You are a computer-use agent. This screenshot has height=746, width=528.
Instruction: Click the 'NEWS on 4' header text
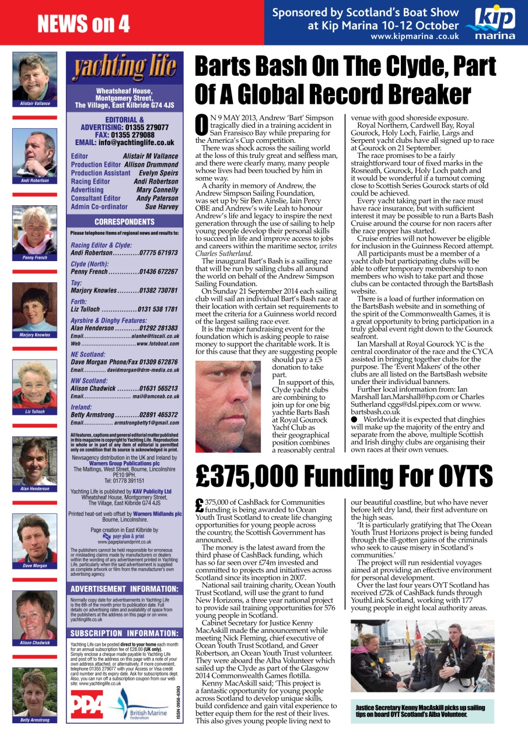coord(83,23)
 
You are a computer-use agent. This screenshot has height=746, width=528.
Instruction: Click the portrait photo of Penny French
coord(35,230)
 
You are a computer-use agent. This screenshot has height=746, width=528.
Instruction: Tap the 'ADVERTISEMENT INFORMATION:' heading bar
coord(125,572)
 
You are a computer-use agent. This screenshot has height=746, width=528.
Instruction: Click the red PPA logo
coord(87,706)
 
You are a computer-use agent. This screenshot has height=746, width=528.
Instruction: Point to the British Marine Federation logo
coord(140,706)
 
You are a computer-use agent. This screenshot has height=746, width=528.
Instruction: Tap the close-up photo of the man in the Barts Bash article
coord(232,397)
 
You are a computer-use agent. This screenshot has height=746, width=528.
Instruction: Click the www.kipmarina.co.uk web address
coord(414,37)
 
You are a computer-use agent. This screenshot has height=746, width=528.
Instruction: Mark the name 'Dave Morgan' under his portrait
coord(35,566)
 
